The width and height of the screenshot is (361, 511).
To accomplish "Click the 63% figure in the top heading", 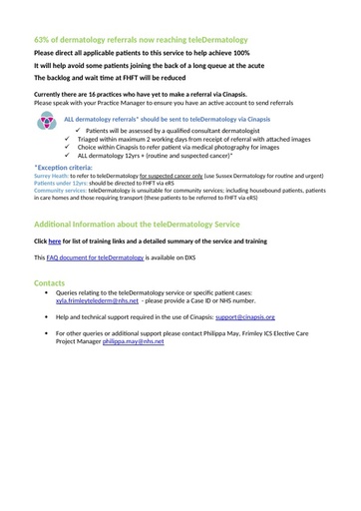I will (x=43, y=38).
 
